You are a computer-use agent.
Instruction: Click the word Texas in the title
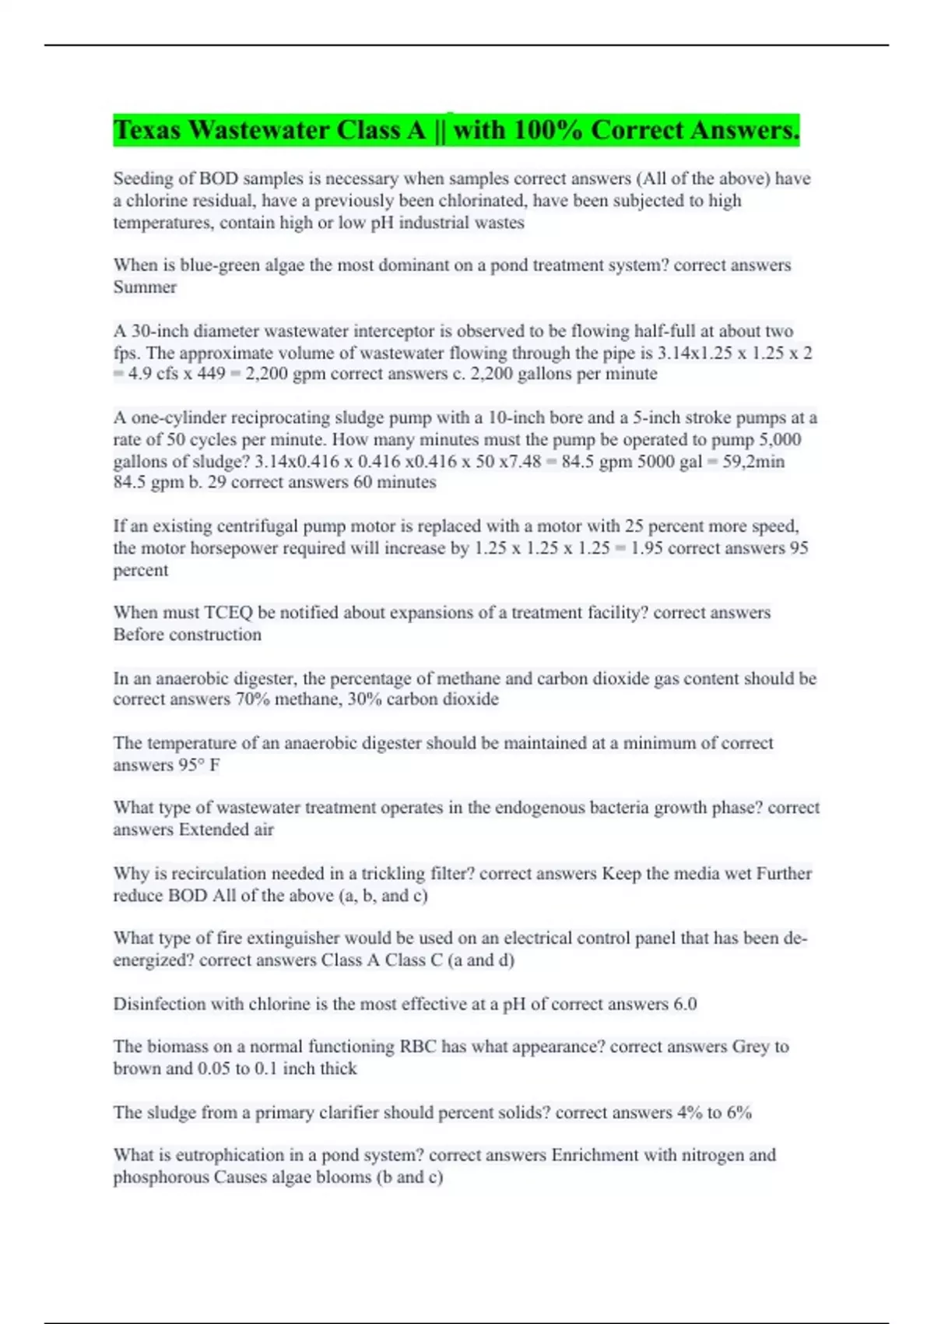pos(147,130)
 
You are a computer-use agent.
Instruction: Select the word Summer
pos(145,287)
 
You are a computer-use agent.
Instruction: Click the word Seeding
pos(143,179)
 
